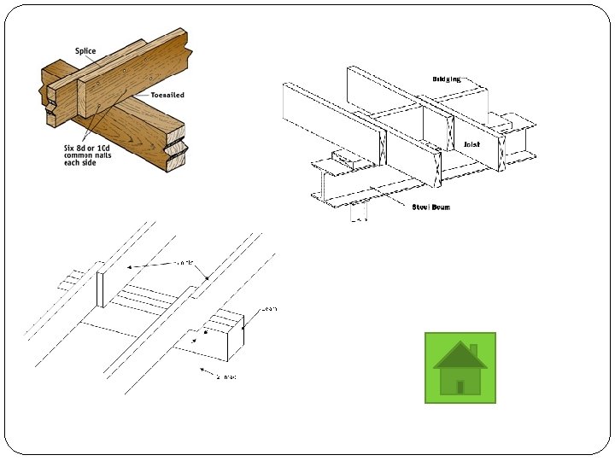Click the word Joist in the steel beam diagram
click(471, 145)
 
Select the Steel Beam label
click(431, 207)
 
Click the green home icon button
click(460, 368)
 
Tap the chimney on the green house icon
click(474, 350)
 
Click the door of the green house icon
click(460, 387)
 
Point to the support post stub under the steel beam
click(359, 213)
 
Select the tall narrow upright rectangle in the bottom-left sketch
click(100, 289)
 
